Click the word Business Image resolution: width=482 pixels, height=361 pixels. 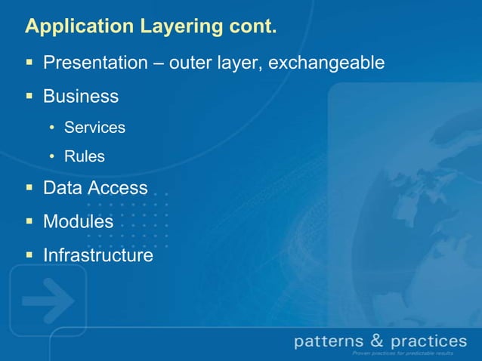coord(81,97)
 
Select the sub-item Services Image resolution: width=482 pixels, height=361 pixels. coord(94,128)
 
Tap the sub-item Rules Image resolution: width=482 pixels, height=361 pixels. coord(85,157)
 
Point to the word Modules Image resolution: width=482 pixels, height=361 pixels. coord(78,222)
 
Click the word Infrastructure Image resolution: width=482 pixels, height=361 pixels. coord(98,256)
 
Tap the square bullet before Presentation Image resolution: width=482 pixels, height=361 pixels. coord(29,62)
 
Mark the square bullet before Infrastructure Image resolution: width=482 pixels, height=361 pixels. coord(29,256)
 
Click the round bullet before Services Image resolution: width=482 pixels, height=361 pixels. coord(52,128)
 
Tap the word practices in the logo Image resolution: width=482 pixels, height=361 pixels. coord(429,342)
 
